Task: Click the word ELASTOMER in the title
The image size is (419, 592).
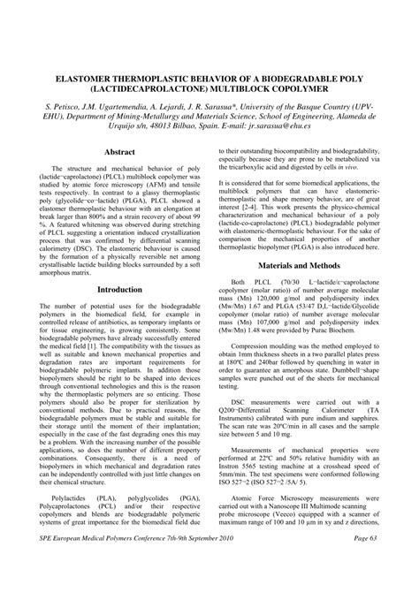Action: point(68,78)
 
